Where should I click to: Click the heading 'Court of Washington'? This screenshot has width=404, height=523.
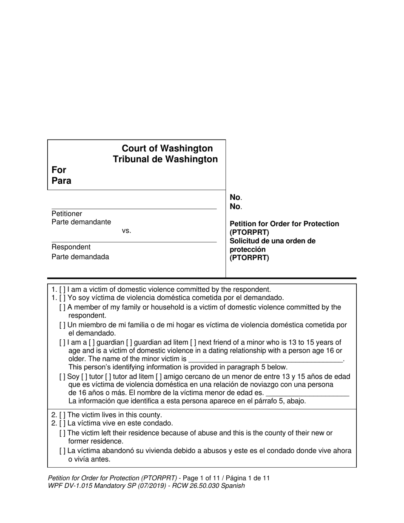coord(167,148)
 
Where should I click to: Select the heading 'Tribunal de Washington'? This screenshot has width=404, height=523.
coord(165,159)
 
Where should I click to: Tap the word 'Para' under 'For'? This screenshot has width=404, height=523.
coord(61,181)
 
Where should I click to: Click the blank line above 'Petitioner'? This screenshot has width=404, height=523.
coord(134,208)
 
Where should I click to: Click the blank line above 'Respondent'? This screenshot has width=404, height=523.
coord(134,242)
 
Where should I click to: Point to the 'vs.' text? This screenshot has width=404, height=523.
coord(126,231)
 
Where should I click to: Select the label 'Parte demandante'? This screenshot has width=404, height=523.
coord(81,222)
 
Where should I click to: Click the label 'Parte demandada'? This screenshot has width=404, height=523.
coord(80,257)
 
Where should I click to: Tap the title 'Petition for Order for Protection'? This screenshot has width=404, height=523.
coord(284,224)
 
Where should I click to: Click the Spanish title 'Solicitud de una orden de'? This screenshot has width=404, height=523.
coord(273,241)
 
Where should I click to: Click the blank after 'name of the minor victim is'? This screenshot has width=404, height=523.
coord(265,359)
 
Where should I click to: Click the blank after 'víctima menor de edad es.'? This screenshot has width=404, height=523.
coord(307,393)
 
